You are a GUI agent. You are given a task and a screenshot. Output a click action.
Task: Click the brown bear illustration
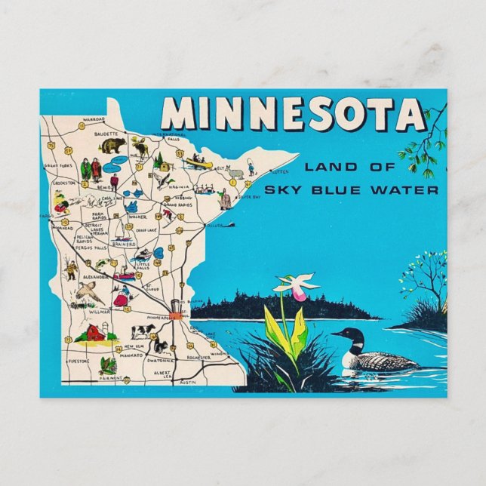[x=112, y=145]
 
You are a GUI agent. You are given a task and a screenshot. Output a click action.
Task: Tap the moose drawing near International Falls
[x=140, y=146]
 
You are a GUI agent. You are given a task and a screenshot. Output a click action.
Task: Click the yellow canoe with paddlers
[x=199, y=161]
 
